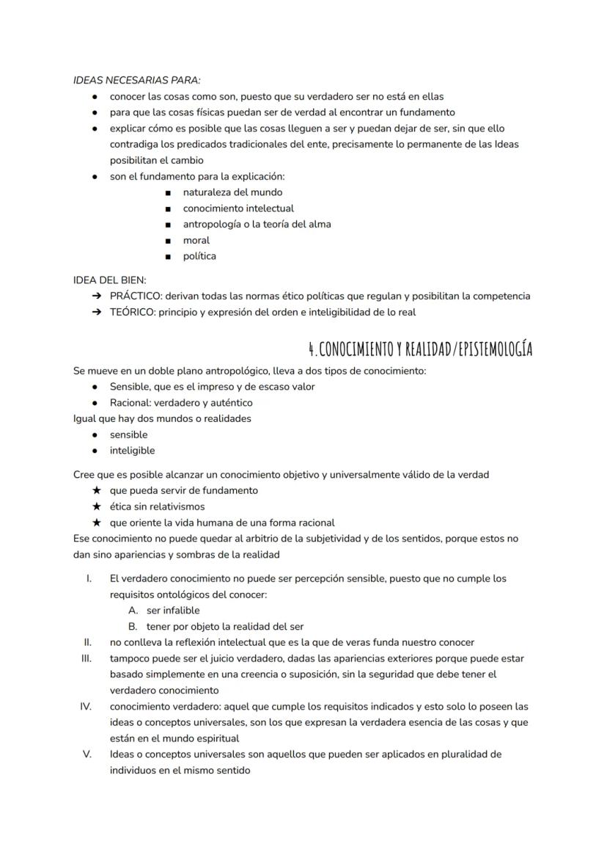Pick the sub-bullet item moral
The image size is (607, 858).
pos(196,240)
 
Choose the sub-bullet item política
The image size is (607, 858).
pos(199,256)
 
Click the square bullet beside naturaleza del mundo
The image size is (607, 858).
pos(169,192)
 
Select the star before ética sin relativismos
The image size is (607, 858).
pos(96,506)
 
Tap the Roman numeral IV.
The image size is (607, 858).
pos(85,706)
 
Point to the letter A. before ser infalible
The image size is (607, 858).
pos(133,610)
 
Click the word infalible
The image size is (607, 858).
pos(181,610)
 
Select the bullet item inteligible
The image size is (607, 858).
pos(132,451)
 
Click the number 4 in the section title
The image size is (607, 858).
pos(312,349)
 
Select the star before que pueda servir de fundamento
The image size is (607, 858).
pos(96,490)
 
